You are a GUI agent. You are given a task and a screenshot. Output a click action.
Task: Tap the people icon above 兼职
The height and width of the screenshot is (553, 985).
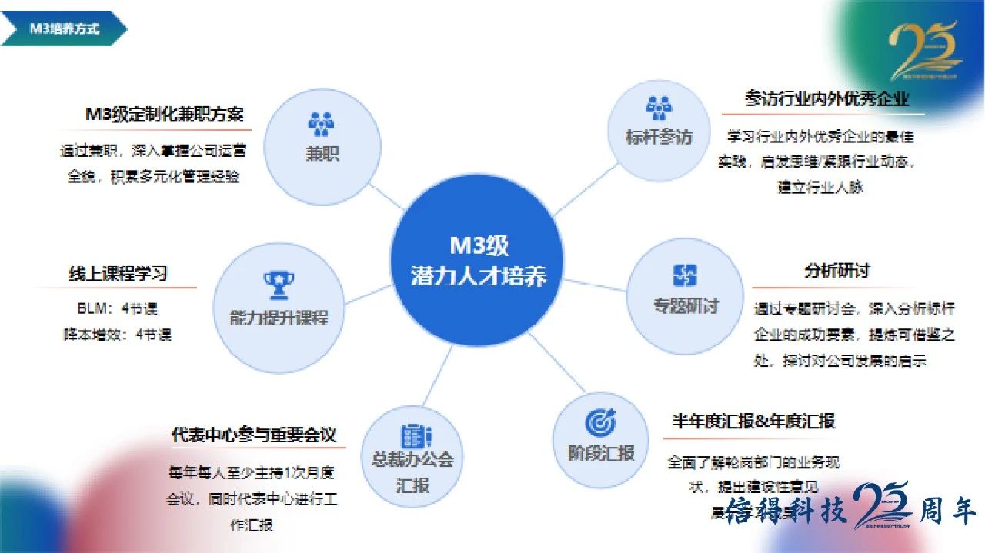coord(321,123)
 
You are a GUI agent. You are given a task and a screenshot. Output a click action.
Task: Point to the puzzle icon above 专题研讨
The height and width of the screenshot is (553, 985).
coord(685,275)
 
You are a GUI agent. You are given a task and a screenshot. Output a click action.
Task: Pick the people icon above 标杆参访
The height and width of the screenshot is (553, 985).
coord(659,108)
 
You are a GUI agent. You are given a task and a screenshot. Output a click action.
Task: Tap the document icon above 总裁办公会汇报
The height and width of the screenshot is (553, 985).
coord(412,436)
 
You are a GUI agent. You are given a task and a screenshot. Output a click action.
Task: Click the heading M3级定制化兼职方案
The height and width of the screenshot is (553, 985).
coord(164,114)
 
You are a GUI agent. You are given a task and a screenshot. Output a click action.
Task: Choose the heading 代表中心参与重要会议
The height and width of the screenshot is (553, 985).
coord(254,435)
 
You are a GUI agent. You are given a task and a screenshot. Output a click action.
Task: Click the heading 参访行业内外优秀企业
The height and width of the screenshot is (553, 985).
coord(827,98)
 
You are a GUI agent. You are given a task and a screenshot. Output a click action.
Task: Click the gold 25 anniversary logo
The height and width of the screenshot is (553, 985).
coord(926,51)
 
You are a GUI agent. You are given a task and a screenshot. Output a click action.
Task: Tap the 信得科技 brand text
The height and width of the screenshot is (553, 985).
coord(777,511)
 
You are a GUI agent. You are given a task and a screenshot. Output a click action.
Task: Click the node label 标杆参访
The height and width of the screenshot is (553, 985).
coord(659,137)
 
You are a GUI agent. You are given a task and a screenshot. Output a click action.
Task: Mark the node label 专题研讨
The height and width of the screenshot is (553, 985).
coord(685,305)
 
